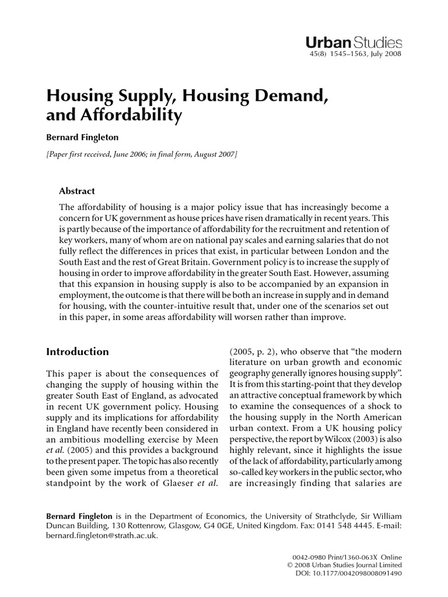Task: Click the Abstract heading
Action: (77, 191)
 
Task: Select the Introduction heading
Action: (77, 352)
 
